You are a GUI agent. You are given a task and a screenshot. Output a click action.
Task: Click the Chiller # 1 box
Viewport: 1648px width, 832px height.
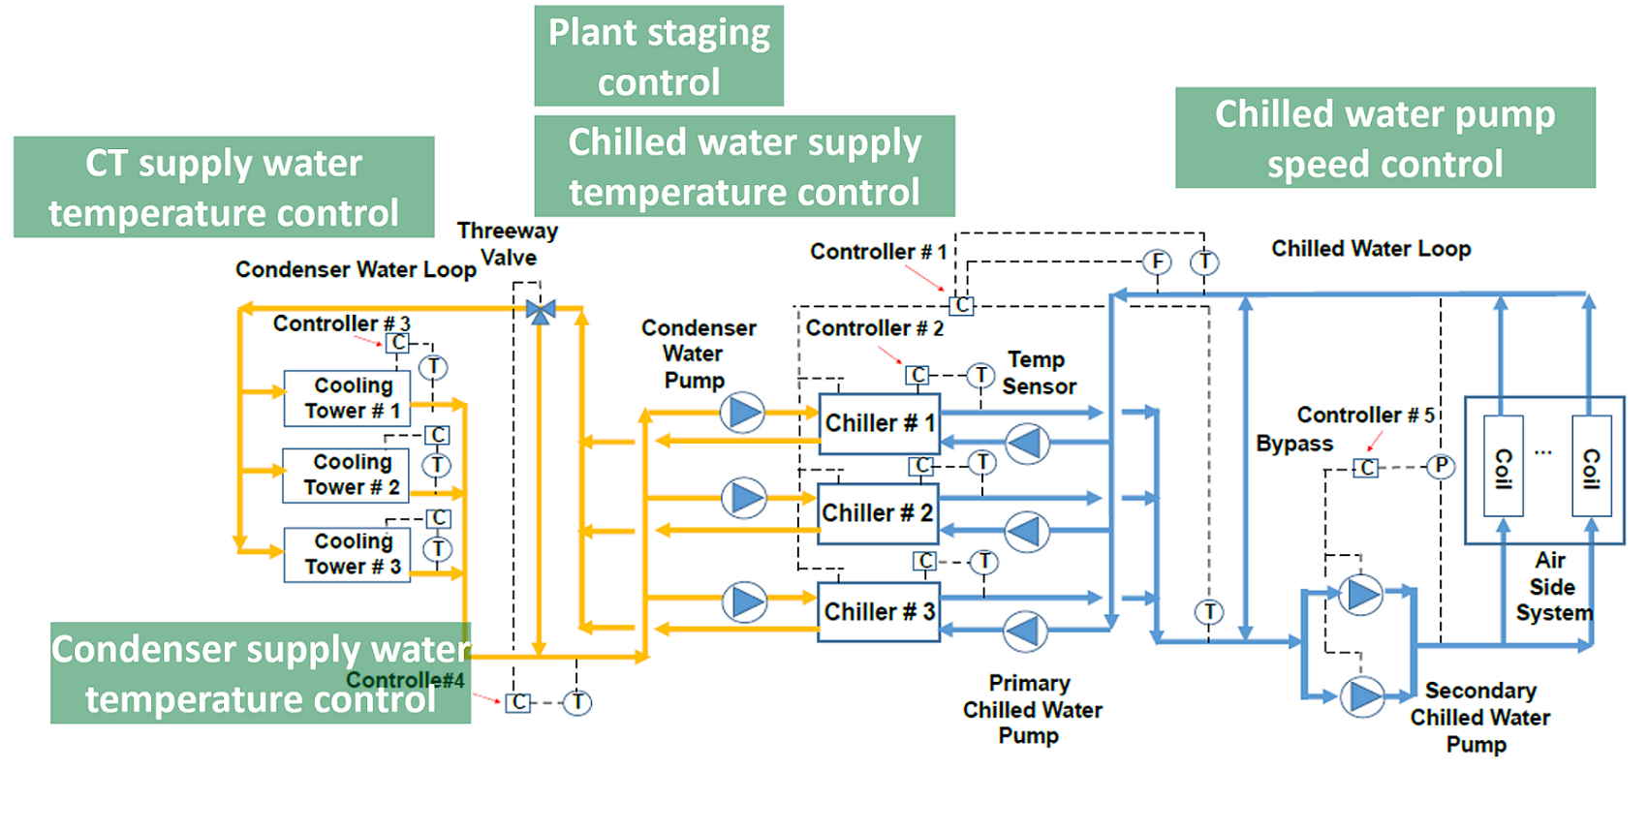(x=879, y=423)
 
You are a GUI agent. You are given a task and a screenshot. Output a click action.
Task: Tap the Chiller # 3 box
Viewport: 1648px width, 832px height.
(x=879, y=612)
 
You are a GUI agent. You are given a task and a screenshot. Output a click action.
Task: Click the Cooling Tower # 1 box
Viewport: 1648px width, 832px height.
(x=347, y=398)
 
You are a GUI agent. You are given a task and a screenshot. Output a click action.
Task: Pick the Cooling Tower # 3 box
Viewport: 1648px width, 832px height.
(x=347, y=554)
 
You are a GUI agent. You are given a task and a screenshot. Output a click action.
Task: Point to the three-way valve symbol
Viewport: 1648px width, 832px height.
(x=541, y=311)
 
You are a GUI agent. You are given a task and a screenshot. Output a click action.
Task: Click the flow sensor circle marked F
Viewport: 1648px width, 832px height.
(x=1157, y=262)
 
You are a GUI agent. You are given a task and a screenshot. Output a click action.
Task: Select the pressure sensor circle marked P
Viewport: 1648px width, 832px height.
(x=1442, y=467)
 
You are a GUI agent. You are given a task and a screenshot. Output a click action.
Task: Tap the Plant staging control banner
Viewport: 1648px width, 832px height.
(x=659, y=56)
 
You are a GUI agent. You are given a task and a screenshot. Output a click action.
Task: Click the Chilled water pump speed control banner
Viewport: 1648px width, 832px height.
(x=1384, y=139)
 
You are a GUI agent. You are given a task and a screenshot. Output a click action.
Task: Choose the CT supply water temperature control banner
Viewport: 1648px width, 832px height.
(x=224, y=187)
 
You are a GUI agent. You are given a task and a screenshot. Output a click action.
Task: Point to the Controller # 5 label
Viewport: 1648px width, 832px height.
(x=1365, y=416)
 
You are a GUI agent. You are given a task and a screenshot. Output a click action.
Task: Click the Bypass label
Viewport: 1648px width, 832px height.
(x=1294, y=444)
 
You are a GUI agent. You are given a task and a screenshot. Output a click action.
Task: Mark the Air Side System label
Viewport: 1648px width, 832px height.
(x=1552, y=587)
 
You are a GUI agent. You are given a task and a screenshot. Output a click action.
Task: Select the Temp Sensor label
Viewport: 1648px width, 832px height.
(x=1038, y=373)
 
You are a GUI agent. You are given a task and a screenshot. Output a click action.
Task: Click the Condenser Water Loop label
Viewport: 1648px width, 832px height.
(x=356, y=269)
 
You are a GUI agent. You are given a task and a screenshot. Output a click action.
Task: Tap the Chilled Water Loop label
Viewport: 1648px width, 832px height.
(x=1371, y=249)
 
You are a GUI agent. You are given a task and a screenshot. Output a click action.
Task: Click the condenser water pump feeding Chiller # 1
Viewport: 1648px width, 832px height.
(x=743, y=413)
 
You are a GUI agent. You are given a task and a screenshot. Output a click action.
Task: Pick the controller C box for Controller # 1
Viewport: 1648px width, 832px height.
(x=961, y=304)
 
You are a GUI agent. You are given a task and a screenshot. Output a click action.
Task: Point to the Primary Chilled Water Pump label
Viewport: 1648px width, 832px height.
(x=1032, y=710)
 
